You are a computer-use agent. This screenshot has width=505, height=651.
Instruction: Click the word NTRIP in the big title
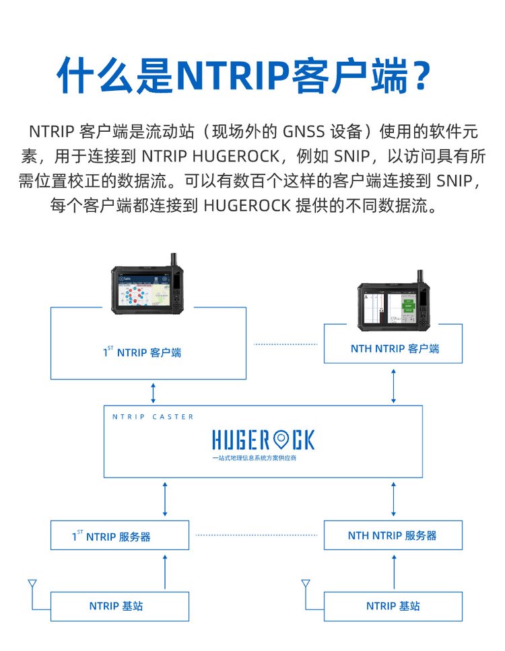[x=232, y=75]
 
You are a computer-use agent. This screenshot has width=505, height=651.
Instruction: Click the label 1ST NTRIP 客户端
[x=142, y=352]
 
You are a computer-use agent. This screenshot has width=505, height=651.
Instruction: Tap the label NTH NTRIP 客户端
[x=395, y=349]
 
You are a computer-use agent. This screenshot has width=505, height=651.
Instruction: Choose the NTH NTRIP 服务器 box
[x=393, y=536]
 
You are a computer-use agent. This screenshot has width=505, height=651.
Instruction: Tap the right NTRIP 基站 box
[x=393, y=606]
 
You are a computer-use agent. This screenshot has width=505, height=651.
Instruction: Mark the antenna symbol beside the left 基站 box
[x=31, y=584]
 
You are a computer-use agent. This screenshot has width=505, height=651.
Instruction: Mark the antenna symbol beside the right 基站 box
[x=306, y=584]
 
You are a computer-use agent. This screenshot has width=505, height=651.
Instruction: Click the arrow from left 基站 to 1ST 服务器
[x=164, y=571]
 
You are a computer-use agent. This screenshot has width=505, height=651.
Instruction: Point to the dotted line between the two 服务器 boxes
[x=256, y=535]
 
